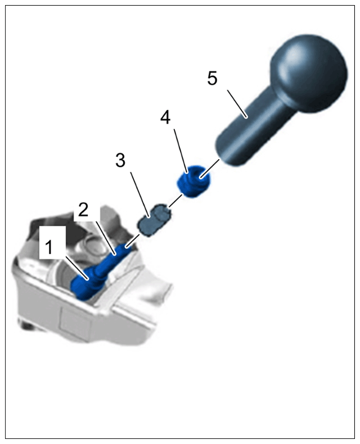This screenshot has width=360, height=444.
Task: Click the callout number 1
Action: click(x=49, y=247)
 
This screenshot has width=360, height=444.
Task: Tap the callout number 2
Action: click(x=83, y=210)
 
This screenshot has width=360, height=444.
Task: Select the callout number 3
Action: click(x=120, y=161)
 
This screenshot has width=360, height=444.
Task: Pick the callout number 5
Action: click(x=212, y=79)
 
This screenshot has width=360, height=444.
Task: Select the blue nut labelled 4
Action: click(x=194, y=181)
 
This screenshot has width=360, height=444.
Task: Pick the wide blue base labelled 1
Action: click(x=85, y=283)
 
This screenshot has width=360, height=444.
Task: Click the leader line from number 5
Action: click(x=237, y=103)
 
